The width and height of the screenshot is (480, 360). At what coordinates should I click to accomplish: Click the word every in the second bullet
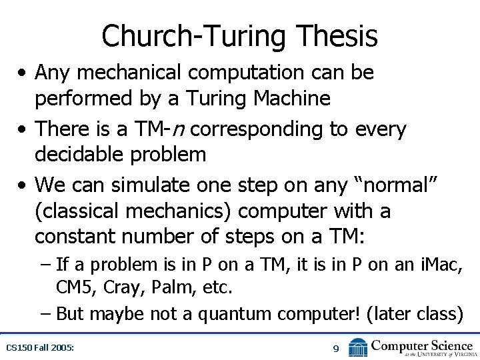coord(382,129)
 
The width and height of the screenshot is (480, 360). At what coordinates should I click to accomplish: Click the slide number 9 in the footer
coord(336,348)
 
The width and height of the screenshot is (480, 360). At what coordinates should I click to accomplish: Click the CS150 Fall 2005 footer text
coord(40,348)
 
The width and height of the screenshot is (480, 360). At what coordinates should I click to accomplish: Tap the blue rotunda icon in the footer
coord(359,347)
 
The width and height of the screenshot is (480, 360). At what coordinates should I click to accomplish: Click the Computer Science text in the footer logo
coord(423,345)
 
